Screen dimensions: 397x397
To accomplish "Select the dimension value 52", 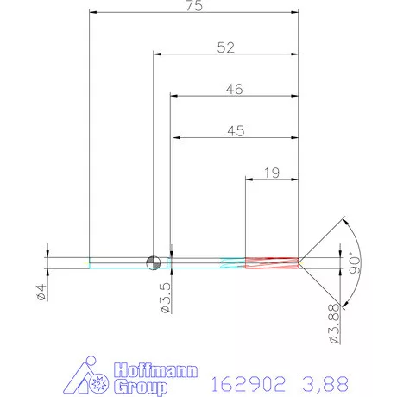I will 225,48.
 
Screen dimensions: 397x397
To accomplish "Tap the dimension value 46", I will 233,89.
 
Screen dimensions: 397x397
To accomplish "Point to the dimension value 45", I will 236,131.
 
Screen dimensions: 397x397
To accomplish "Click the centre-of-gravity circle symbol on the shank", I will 154,262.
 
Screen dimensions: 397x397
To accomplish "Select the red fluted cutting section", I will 272,262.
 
